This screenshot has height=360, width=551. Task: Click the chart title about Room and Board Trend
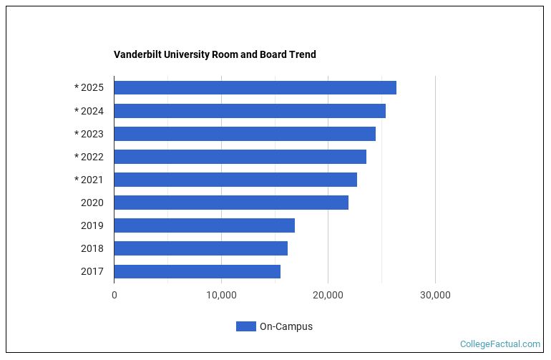click(x=215, y=54)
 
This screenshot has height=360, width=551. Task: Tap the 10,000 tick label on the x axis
click(x=221, y=295)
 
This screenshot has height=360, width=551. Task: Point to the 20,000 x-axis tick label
click(x=328, y=295)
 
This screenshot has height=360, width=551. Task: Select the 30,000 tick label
click(x=435, y=295)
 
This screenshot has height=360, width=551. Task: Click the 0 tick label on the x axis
click(x=114, y=295)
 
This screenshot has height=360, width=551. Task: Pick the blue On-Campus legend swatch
click(x=245, y=326)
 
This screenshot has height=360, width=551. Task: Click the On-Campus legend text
click(x=286, y=326)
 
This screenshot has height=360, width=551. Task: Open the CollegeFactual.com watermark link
click(x=500, y=344)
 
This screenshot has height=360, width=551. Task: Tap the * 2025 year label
click(x=89, y=88)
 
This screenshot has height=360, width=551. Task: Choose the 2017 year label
click(x=92, y=271)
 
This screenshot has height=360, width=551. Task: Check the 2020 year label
click(x=92, y=203)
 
